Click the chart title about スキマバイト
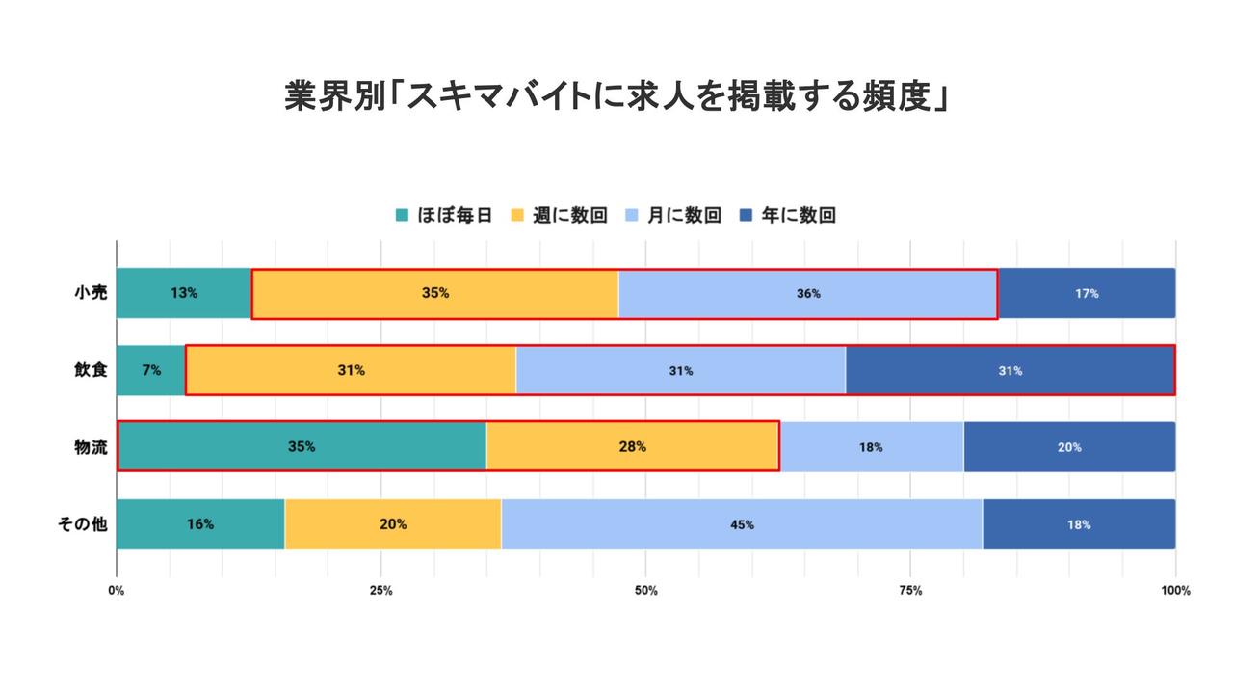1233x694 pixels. point(616,97)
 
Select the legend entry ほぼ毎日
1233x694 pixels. point(444,215)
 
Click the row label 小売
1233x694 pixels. point(90,293)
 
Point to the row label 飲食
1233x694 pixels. point(90,370)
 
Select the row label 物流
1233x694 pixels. point(90,447)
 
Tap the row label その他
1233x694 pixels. point(83,524)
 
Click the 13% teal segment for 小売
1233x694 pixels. point(184,293)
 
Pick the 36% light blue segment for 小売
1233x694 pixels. point(807,293)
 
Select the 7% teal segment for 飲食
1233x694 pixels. point(151,370)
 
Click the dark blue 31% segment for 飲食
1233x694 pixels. point(1010,370)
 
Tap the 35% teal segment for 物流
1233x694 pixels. point(302,447)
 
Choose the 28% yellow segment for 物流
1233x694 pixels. point(632,447)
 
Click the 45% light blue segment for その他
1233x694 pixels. point(742,524)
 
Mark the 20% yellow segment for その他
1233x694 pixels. point(393,524)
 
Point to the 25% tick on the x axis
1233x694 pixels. point(381,591)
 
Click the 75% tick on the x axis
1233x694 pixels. point(910,591)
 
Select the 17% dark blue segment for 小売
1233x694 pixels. point(1087,293)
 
